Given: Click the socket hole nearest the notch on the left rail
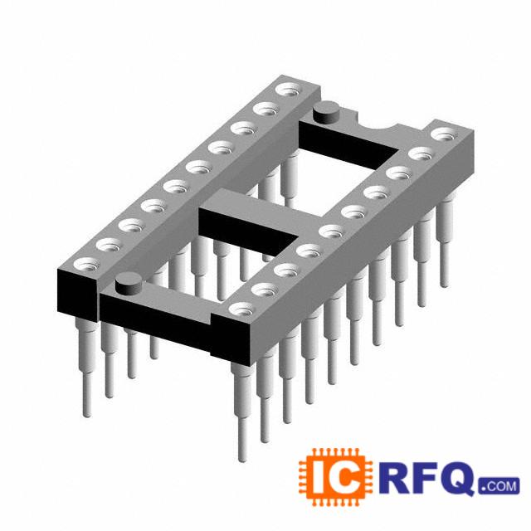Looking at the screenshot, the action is tap(290, 90).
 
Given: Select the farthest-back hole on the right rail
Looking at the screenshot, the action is tap(445, 134).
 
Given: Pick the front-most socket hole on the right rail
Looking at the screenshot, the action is tap(242, 309).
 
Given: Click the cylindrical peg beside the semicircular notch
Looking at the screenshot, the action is tap(327, 113).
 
